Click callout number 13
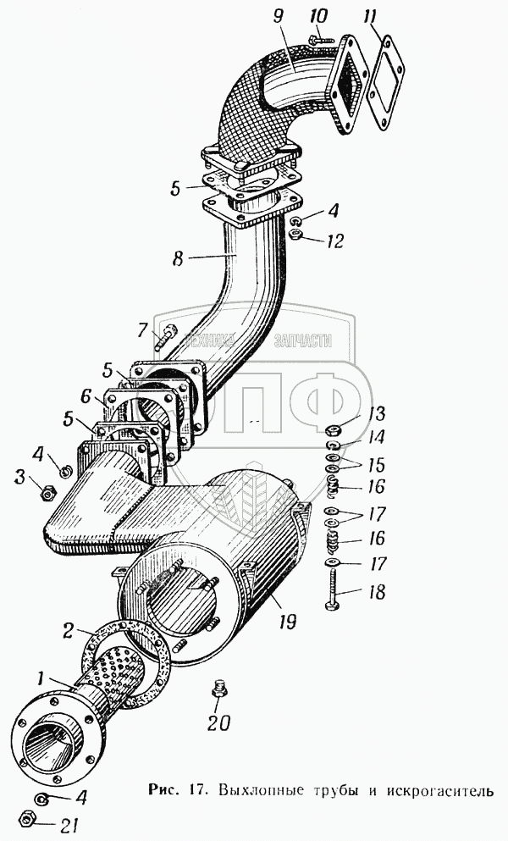tap(377, 415)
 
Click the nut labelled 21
tap(26, 820)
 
